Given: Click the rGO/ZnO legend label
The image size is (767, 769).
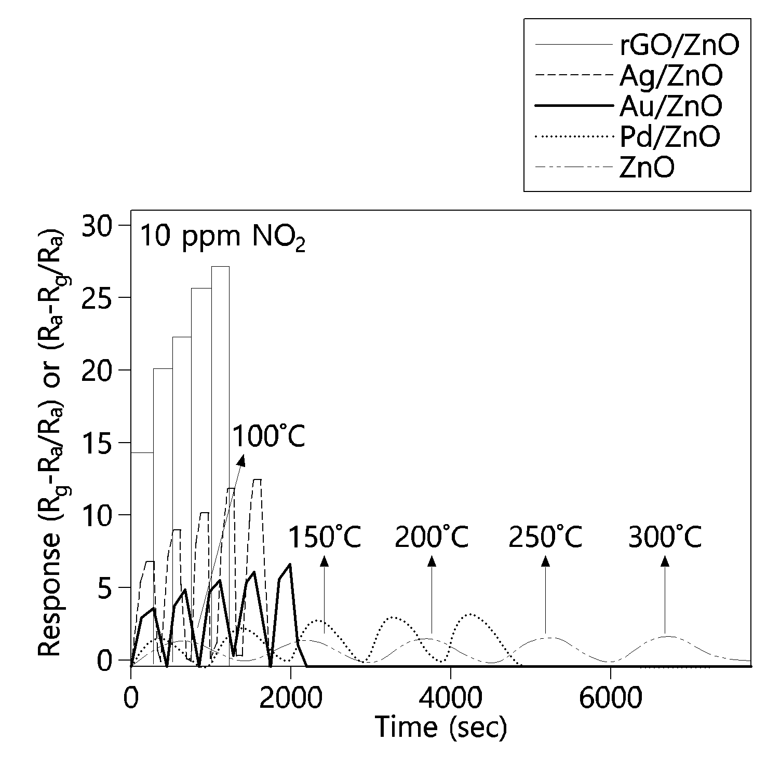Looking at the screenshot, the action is click(x=679, y=46).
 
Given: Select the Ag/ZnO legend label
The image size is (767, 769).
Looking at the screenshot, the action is click(x=670, y=76).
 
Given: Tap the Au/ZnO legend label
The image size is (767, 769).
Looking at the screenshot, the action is click(x=670, y=106).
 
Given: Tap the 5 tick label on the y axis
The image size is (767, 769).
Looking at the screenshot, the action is click(x=110, y=587).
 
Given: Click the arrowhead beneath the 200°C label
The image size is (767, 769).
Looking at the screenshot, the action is click(x=432, y=560).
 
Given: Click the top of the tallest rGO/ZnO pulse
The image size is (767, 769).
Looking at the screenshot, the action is click(x=220, y=267).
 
